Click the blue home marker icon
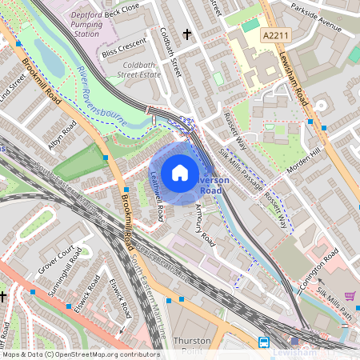[x=180, y=173]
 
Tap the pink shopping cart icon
[x=350, y=296]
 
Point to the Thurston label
[x=192, y=340]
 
